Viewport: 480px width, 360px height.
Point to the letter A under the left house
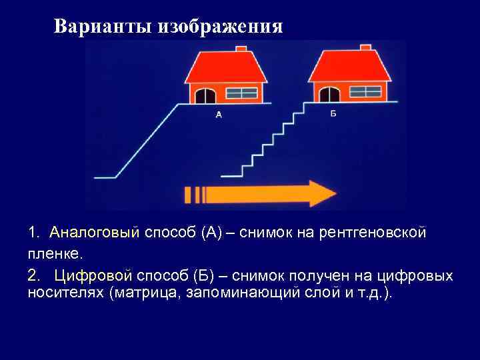click(219, 114)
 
